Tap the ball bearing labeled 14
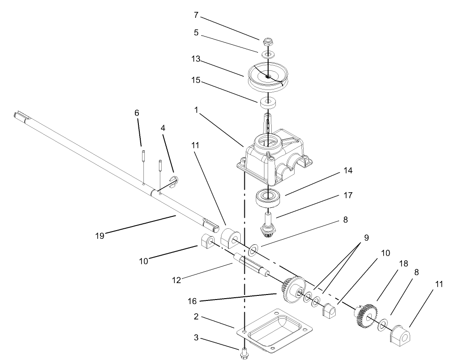(x=268, y=197)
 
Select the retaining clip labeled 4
(x=173, y=181)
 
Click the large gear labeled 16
(x=292, y=290)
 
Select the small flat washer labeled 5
(x=268, y=54)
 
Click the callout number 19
(x=100, y=236)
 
